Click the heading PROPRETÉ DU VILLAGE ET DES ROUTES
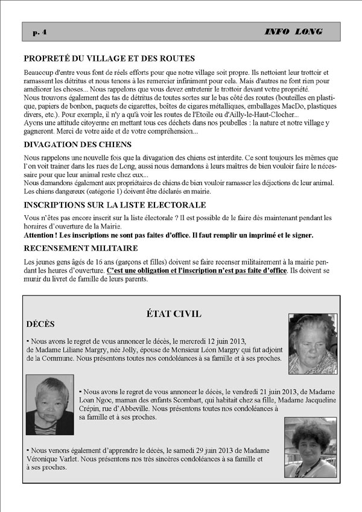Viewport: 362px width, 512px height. (x=109, y=58)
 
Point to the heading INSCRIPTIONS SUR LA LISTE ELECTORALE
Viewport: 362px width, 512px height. (x=115, y=205)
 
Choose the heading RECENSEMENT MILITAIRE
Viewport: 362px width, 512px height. (x=81, y=248)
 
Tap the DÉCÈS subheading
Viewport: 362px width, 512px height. (x=40, y=324)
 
